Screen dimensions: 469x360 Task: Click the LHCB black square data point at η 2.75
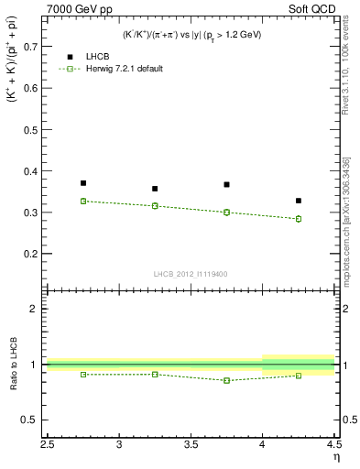(x=83, y=183)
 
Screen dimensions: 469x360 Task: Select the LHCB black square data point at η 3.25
(x=155, y=189)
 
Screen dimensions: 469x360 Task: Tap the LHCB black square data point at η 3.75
(x=226, y=184)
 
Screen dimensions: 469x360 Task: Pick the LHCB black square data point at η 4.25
(x=298, y=201)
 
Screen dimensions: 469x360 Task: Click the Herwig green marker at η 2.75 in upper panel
(x=83, y=201)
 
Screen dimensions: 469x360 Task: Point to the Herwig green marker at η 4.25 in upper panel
(x=298, y=219)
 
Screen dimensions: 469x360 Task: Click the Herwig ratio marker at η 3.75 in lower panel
(x=226, y=380)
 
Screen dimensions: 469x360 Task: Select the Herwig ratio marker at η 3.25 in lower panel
(x=155, y=374)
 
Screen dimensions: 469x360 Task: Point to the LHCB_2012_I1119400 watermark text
(x=191, y=273)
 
